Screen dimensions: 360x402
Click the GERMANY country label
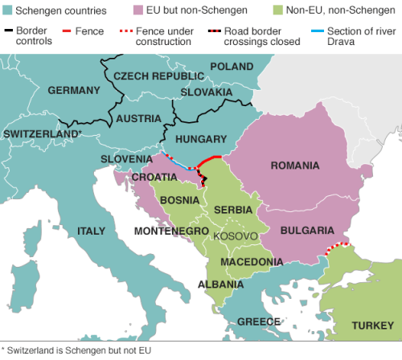click(73, 90)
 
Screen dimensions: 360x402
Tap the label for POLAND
click(231, 67)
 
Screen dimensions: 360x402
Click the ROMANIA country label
click(296, 165)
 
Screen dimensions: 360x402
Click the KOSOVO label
click(236, 236)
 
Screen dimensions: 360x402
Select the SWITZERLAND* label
click(43, 133)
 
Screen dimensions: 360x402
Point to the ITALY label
click(91, 231)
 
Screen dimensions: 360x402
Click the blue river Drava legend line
click(313, 31)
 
